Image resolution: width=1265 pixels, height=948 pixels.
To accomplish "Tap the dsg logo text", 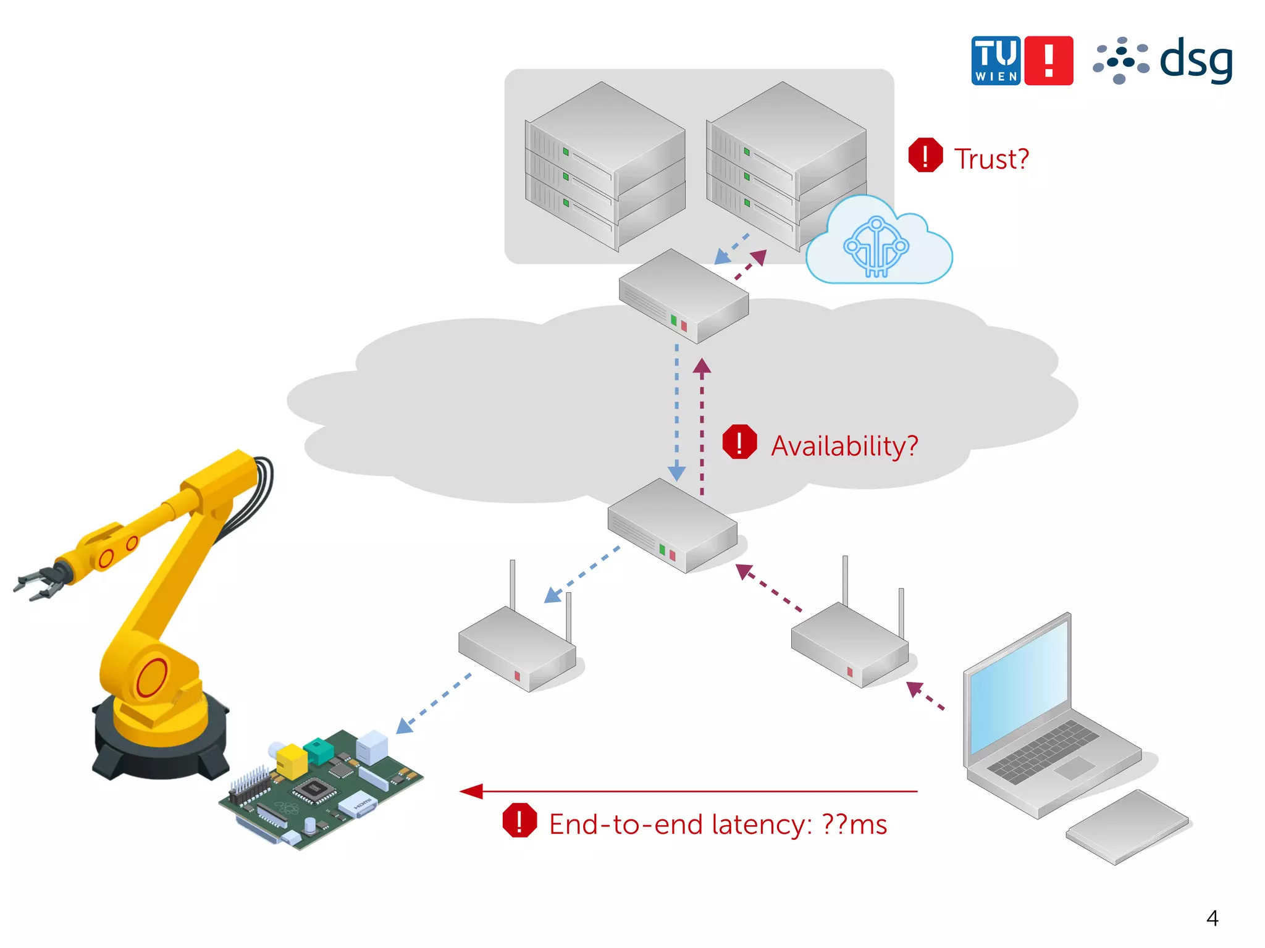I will coord(1196,60).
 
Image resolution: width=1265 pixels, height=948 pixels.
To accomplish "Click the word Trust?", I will coord(991,159).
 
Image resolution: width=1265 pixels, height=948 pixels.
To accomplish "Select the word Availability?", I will coord(844,446).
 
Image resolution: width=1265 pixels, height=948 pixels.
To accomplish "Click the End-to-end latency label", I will coord(718,824).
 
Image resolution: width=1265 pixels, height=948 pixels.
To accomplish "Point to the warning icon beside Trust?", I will coord(925,155).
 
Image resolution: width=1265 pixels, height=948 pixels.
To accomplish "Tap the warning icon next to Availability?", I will coord(739,442).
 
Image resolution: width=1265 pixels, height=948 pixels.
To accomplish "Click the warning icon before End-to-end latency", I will coord(519,821).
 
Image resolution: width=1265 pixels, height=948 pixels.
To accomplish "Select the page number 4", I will coord(1212,918).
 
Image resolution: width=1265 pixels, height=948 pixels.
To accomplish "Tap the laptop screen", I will coord(1019,686).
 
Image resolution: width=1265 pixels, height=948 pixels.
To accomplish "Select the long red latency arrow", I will coord(688,791).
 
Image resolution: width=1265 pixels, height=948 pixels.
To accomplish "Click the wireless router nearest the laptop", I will coord(849,645).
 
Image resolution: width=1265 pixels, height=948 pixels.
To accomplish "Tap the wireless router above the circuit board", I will coord(517,648).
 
